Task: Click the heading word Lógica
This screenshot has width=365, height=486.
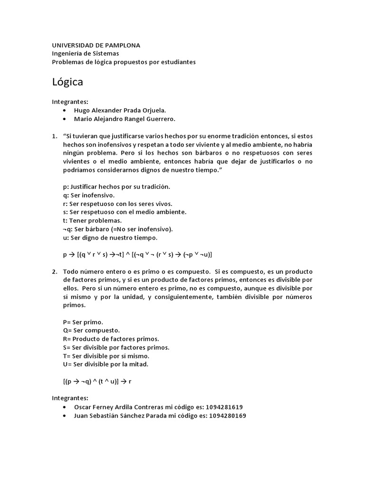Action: pos(67,82)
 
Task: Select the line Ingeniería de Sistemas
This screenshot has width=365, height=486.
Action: pos(86,54)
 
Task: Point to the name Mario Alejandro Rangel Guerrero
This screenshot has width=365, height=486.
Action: pos(125,119)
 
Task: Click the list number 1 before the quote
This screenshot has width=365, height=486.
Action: pos(54,136)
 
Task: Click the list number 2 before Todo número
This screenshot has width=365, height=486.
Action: pos(54,271)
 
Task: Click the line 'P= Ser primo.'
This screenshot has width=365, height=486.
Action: pos(83,321)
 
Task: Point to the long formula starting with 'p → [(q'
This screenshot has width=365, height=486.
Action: pos(137,254)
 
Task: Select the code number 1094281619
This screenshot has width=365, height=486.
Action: pos(224,407)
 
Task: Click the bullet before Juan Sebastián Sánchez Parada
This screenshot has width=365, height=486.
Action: pos(64,416)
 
